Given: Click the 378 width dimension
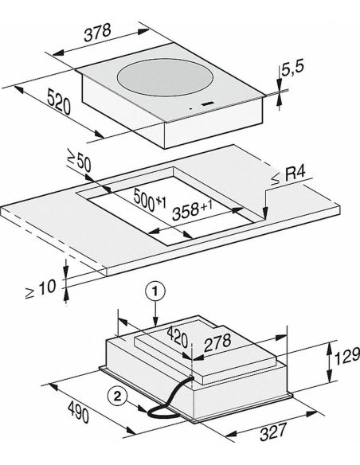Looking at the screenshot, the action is point(97,33).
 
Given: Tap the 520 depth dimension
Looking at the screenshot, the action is point(59,102).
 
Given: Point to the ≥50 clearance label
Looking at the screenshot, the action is point(79,162).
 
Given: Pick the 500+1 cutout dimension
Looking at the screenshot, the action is point(150,199).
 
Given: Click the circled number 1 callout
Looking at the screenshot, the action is point(155,291).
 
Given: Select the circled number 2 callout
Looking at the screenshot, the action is point(118,396).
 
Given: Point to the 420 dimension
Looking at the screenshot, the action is point(178,337).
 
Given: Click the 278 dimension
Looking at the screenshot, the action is point(217,342).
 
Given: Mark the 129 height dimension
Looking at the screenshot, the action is point(347,356).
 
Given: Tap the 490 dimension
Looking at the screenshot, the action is point(78,412).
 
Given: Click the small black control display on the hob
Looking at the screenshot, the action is point(208,104).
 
